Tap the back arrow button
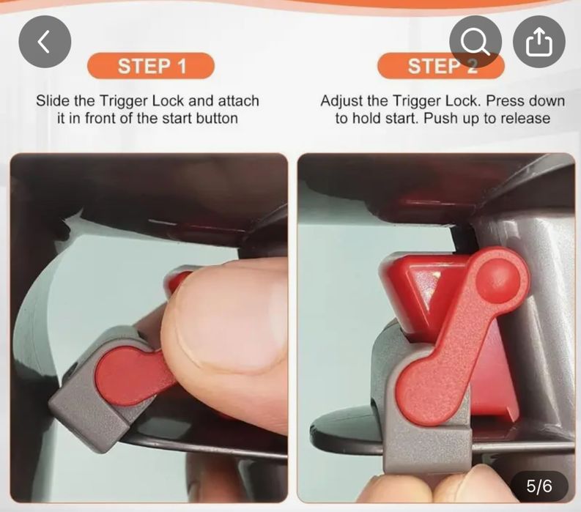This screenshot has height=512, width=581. pos(45,42)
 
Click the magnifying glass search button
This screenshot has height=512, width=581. pos(475,42)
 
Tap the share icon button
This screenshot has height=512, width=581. pos(539,42)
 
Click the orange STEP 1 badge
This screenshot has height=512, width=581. pos(151,66)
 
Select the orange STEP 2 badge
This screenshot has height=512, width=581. pos(441,66)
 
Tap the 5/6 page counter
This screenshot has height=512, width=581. pos(539,486)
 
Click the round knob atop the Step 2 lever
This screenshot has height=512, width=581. pos(497,278)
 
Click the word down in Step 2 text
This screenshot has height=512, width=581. pos(547,101)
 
